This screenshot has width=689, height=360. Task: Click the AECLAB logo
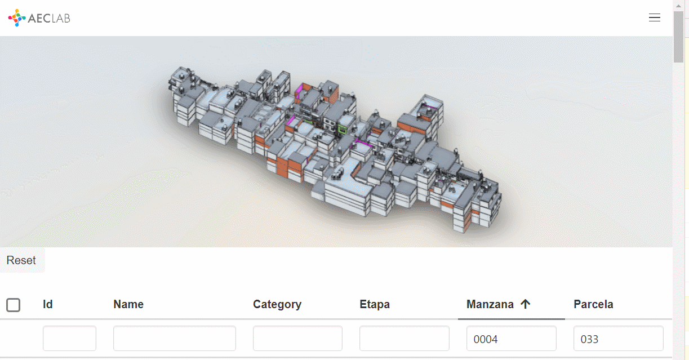[39, 18]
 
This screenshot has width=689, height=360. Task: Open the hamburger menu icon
[654, 17]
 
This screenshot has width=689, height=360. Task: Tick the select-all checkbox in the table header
[13, 305]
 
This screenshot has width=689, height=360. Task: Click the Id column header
[48, 304]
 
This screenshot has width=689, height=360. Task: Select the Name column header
[128, 304]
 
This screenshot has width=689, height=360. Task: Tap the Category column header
[277, 304]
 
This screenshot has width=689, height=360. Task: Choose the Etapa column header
[375, 304]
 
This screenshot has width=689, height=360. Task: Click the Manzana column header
[490, 304]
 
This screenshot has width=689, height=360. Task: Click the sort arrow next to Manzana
[526, 304]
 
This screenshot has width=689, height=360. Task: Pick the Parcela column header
[593, 304]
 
